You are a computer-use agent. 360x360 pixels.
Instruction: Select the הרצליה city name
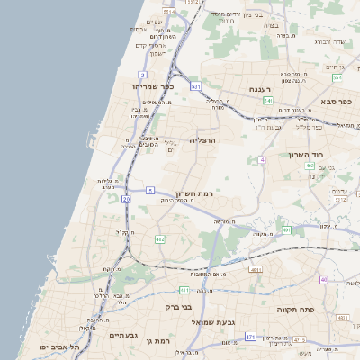pyautogui.click(x=202, y=140)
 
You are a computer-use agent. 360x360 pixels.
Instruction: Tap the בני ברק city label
pyautogui.click(x=179, y=307)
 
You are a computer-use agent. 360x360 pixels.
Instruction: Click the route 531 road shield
pyautogui.click(x=195, y=86)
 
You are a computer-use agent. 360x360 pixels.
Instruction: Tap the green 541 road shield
pyautogui.click(x=268, y=102)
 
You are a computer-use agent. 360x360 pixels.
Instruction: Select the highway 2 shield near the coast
pyautogui.click(x=142, y=74)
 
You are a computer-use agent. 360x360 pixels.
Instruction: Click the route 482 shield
pyautogui.click(x=159, y=239)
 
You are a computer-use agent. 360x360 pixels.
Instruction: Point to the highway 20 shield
pyautogui.click(x=126, y=198)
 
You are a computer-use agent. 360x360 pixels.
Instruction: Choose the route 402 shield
pyautogui.click(x=309, y=166)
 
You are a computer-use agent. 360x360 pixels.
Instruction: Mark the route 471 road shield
pyautogui.click(x=249, y=337)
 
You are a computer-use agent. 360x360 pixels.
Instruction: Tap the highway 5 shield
pyautogui.click(x=151, y=190)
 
